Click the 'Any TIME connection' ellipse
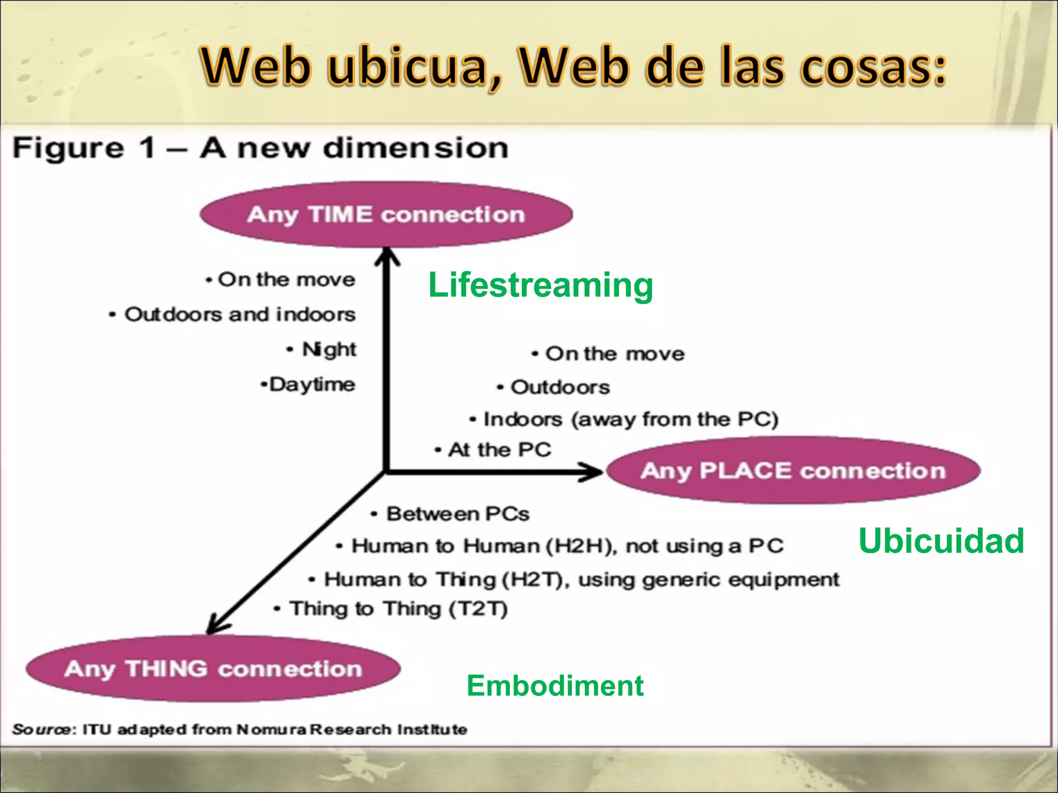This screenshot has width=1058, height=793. (386, 214)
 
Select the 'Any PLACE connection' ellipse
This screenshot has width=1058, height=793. (793, 470)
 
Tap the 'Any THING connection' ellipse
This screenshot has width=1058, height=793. (213, 669)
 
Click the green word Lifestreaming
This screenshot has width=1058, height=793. (540, 286)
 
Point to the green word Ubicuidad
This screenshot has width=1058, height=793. (941, 541)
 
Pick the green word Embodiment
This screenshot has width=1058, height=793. (555, 686)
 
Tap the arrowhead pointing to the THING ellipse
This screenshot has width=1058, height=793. (216, 625)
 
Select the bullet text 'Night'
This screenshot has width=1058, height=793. (329, 350)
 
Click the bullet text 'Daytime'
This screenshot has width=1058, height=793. (312, 385)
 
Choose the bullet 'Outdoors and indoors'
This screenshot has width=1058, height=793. (240, 314)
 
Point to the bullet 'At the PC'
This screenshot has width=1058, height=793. (499, 450)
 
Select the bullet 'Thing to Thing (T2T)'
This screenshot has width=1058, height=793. (398, 609)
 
